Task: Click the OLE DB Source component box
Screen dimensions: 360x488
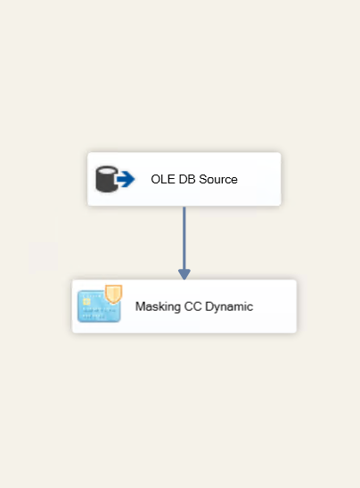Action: [x=184, y=179]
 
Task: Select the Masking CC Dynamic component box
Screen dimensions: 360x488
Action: [x=184, y=306]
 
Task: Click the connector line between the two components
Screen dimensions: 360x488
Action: [x=184, y=239]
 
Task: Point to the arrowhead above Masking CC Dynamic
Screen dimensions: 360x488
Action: [x=184, y=274]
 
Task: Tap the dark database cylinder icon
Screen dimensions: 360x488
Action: [x=107, y=179]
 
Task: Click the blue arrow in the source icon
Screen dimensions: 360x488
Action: [x=126, y=179]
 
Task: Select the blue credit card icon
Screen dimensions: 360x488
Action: [x=99, y=306]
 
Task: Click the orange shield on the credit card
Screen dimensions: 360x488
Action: [x=113, y=294]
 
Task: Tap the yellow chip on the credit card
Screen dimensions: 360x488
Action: [x=86, y=301]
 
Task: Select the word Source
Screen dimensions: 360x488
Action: [x=218, y=179]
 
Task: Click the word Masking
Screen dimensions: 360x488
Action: [x=158, y=307]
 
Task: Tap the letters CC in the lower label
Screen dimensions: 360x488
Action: [x=193, y=306]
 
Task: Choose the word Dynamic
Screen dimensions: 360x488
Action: [x=229, y=307]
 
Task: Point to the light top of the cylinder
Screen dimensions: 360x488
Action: [x=107, y=170]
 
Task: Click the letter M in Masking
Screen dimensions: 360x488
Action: [x=140, y=306]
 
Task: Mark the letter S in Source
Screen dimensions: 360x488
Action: [x=203, y=179]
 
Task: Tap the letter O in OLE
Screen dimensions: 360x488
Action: [x=155, y=179]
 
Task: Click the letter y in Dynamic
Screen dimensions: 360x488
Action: [x=217, y=308]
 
